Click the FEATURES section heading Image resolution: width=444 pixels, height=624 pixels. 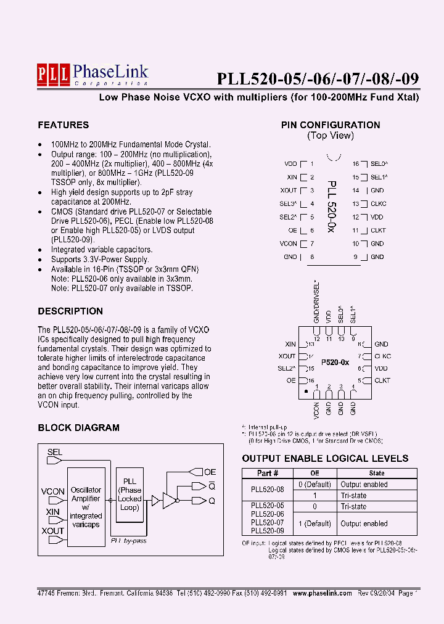click(63, 125)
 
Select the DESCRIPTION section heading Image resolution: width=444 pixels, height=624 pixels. click(70, 311)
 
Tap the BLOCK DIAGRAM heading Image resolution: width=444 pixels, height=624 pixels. click(78, 428)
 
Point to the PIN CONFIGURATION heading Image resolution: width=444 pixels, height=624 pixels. click(331, 125)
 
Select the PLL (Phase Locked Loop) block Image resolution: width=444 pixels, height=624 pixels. click(129, 495)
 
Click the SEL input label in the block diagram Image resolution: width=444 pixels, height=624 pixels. click(55, 453)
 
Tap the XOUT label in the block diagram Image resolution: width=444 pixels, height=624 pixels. click(52, 531)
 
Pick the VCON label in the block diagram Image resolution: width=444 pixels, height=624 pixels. click(52, 491)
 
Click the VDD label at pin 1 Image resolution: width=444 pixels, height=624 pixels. click(290, 164)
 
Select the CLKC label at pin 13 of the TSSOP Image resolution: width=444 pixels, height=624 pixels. click(378, 204)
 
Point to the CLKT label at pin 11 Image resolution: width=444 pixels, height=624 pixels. click(378, 231)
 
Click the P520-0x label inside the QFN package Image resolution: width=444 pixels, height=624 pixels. click(334, 363)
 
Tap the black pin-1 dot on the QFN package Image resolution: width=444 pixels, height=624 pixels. click(305, 391)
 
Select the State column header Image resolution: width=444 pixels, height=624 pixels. click(376, 473)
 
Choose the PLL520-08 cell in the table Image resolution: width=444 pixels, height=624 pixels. click(268, 490)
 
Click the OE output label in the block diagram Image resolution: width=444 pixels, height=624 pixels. click(210, 472)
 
